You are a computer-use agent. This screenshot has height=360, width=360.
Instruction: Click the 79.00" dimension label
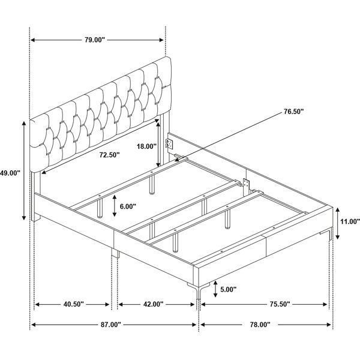tap(95, 40)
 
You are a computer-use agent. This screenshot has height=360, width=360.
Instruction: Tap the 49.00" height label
tap(10, 173)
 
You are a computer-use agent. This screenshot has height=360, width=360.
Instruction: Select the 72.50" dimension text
tap(110, 155)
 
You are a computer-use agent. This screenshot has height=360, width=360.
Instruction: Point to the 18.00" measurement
tap(147, 146)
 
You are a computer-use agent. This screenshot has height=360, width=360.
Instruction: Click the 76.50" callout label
tap(293, 112)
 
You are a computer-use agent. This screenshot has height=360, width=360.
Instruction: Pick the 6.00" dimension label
tap(128, 206)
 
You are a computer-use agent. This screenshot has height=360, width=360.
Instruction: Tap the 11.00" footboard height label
tap(350, 221)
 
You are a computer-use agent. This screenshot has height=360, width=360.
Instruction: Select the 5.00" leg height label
tap(228, 289)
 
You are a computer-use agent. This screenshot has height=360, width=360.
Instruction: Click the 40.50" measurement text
tap(74, 304)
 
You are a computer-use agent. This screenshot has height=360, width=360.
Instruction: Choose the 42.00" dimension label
tap(154, 304)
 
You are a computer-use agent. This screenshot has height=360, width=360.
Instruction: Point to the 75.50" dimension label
tap(280, 304)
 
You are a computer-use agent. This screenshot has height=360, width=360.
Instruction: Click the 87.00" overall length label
tap(110, 325)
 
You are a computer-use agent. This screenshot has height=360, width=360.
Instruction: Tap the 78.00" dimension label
tap(260, 325)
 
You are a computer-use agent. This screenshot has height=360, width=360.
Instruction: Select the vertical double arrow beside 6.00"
tap(115, 206)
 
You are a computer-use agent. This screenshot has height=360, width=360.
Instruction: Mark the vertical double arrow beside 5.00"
tap(215, 289)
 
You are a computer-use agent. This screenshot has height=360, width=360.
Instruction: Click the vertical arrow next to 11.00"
tap(337, 223)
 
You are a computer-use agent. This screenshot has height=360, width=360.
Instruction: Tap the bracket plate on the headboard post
tap(169, 144)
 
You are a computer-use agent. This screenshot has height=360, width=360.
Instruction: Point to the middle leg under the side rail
tap(115, 253)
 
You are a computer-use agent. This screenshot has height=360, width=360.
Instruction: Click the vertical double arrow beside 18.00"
tap(158, 144)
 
